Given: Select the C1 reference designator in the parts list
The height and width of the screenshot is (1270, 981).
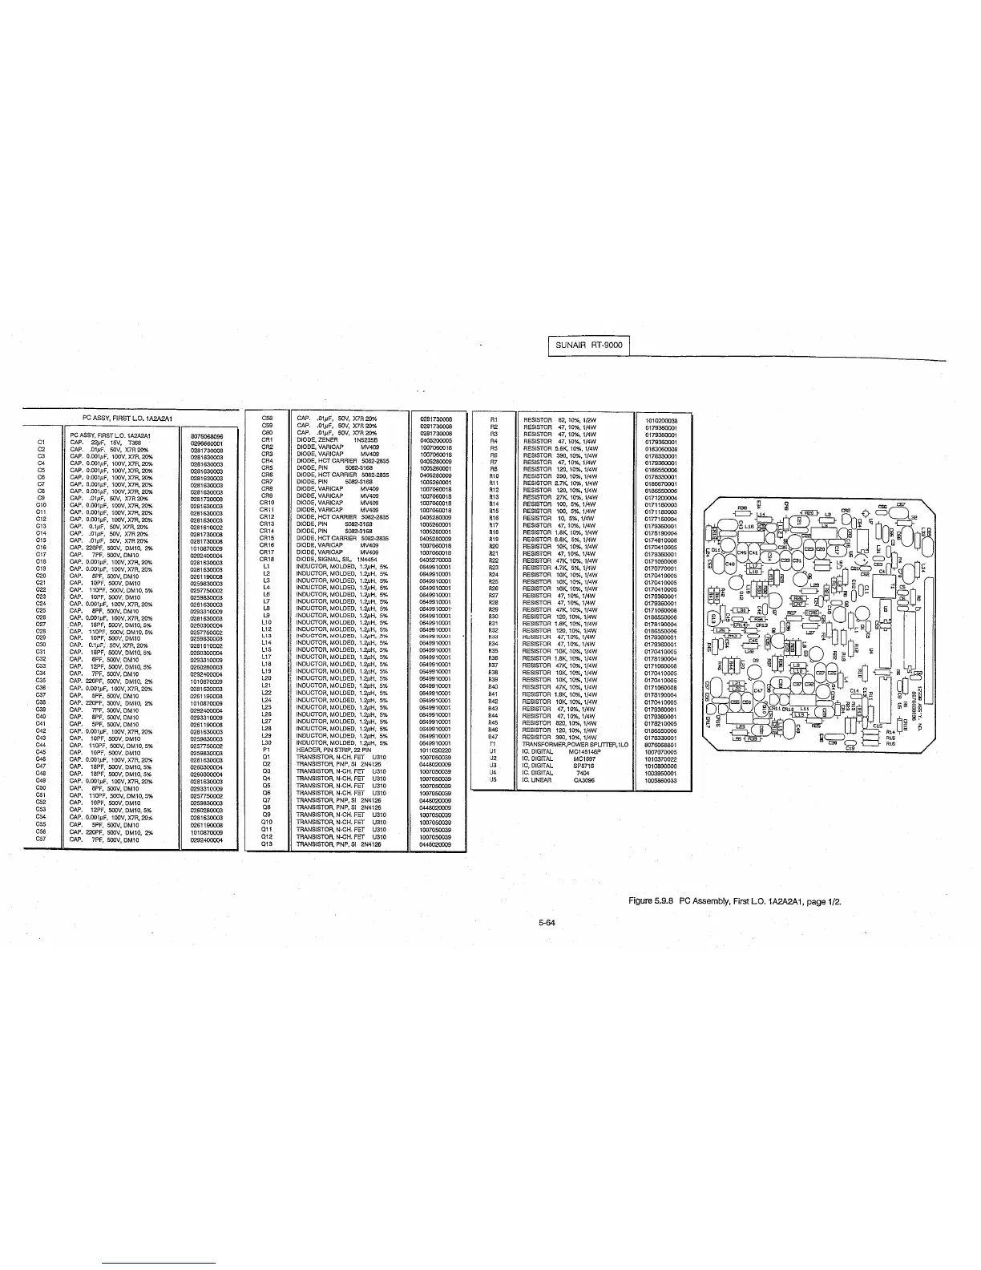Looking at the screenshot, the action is tap(40, 442).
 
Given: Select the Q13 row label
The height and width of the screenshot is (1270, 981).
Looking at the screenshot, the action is tap(268, 844).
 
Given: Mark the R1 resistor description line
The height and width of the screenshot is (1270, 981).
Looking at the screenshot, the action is tap(564, 419).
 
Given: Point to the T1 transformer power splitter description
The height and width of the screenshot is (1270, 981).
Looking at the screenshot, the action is tap(568, 744).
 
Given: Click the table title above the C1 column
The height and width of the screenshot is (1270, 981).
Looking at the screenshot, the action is tap(128, 418).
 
